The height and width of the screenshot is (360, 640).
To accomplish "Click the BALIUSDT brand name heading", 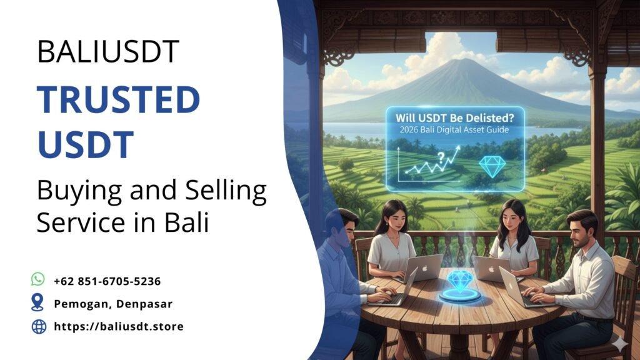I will point(108,52).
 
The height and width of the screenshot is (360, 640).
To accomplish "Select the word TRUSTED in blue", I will point(119,100).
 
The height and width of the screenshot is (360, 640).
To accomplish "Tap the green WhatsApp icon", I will point(39,279).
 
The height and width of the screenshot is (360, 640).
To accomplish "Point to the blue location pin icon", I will point(39,303).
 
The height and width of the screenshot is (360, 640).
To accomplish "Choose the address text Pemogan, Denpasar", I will point(113,304).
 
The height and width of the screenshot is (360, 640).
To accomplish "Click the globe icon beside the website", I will point(39,326).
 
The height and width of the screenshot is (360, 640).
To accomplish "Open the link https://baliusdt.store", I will point(119,326).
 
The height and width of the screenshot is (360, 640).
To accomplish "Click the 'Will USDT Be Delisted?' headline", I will point(455,117).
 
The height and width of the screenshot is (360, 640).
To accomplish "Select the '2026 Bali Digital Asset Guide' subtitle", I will point(455,131).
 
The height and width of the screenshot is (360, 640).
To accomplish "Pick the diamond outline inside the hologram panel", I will point(492,166).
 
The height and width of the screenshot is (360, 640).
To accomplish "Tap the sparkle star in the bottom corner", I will point(621,343).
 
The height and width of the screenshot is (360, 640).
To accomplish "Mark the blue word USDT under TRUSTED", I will point(86,143).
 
